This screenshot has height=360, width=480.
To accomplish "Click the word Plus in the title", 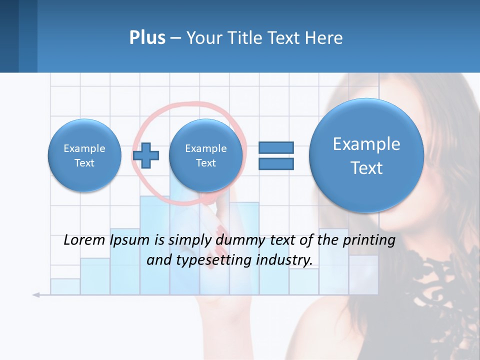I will [x=147, y=38].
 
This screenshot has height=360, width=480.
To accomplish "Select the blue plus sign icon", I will [x=146, y=155].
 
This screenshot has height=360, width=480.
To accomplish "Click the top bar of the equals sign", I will [x=276, y=147].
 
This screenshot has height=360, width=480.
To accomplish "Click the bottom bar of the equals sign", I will [x=276, y=163].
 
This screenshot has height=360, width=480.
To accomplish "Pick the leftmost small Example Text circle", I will [x=84, y=155].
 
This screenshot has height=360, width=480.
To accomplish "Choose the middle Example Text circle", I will [x=205, y=155].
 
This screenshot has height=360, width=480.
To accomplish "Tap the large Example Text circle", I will [x=366, y=155].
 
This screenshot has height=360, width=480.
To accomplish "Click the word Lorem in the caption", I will [x=84, y=240].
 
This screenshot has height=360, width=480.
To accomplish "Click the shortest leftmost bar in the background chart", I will [x=65, y=286].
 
